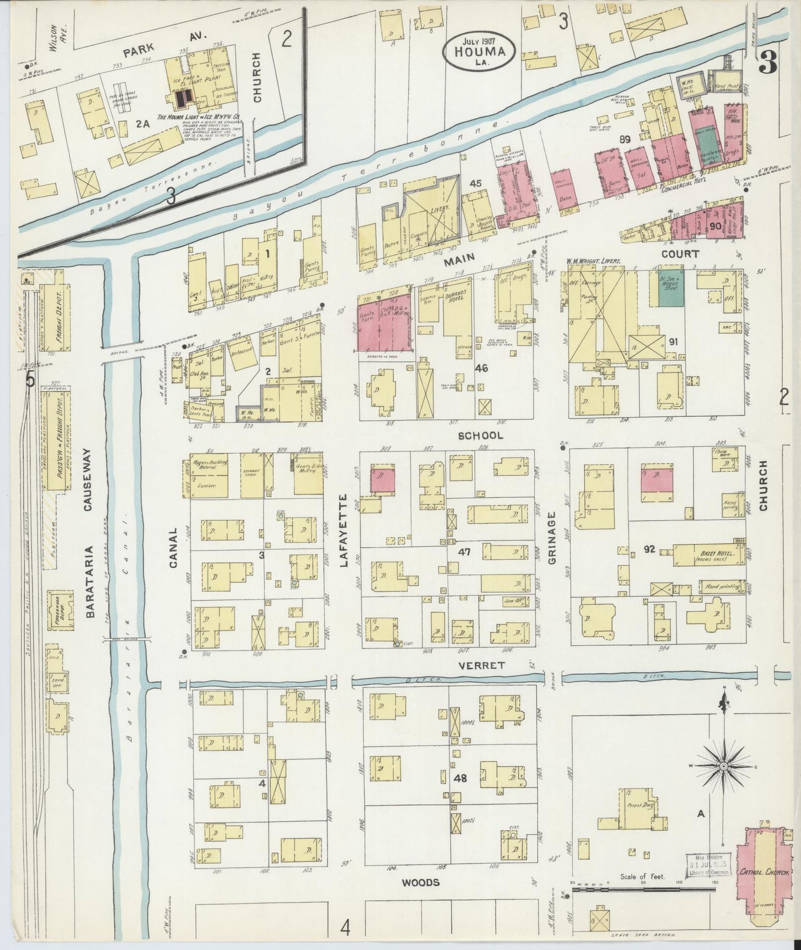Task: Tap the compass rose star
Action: tap(723, 766)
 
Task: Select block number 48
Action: tap(460, 778)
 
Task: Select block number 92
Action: tap(650, 549)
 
